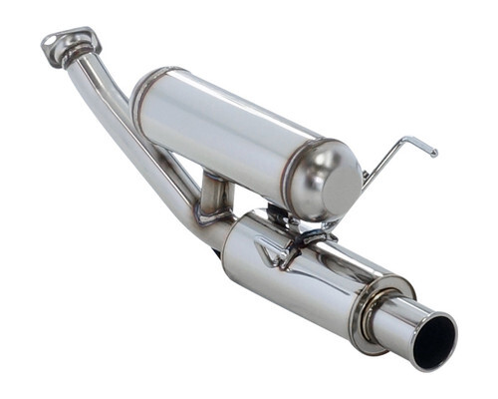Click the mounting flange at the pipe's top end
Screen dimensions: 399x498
(70, 44)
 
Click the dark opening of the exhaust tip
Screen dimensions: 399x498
(434, 342)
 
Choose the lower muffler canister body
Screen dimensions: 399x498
(299, 274)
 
